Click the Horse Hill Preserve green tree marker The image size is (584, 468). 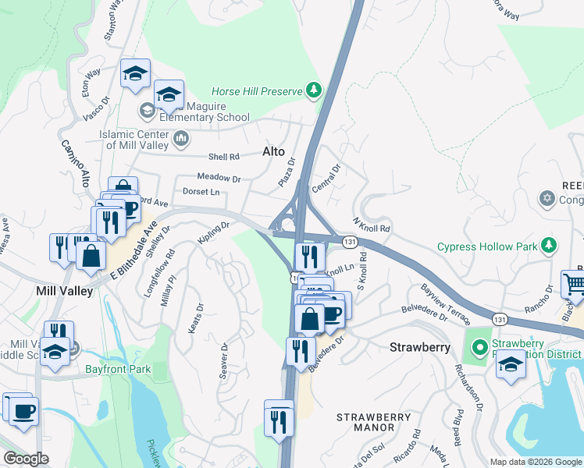point(314,91)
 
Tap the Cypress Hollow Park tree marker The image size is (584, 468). point(549,246)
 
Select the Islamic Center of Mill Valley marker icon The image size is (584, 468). point(182,139)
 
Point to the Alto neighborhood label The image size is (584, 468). point(273,151)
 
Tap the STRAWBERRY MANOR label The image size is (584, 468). point(375,422)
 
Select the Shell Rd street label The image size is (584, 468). point(223,157)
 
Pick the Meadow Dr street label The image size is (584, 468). point(219,178)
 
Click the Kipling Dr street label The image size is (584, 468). point(213,232)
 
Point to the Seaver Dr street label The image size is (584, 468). point(223,360)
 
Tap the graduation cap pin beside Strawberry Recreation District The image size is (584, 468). point(511,363)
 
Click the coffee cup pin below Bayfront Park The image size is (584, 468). point(23,409)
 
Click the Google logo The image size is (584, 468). point(26,459)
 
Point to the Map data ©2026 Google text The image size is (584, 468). point(536,462)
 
